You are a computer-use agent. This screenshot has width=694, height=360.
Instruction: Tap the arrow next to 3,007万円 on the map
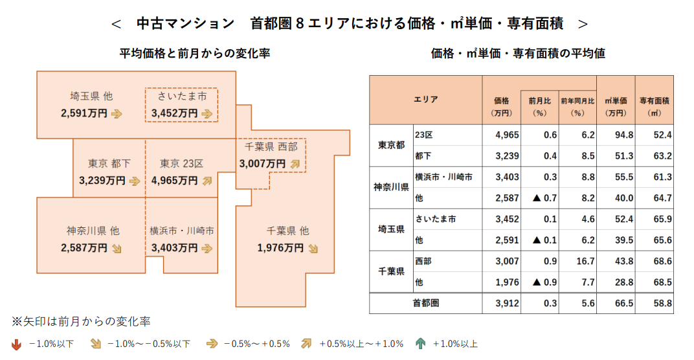[x=296, y=164]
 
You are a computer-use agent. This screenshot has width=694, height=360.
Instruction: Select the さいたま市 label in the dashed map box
[x=182, y=96]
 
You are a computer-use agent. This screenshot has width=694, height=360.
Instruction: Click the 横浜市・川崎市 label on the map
[x=182, y=231]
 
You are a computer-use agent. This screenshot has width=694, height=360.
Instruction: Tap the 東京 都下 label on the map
[x=108, y=163]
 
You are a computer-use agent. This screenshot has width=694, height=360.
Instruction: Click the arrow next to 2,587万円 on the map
[x=117, y=247]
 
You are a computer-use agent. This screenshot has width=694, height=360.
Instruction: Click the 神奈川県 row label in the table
[x=391, y=188]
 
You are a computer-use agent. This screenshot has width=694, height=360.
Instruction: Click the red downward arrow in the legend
[x=16, y=344]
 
